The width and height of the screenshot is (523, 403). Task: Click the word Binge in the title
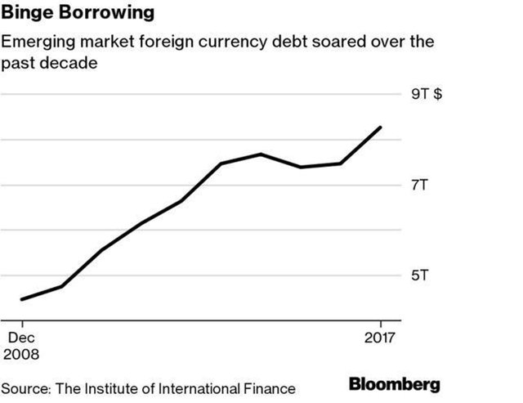pyautogui.click(x=25, y=15)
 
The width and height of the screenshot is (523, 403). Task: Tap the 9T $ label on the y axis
pyautogui.click(x=426, y=95)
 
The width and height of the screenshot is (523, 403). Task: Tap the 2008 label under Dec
pyautogui.click(x=23, y=354)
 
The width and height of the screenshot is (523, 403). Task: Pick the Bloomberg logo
pyautogui.click(x=394, y=384)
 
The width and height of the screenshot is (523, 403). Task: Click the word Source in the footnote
pyautogui.click(x=25, y=387)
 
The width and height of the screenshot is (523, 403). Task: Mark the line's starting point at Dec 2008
pyautogui.click(x=21, y=299)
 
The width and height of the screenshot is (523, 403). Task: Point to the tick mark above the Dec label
pyautogui.click(x=21, y=323)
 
